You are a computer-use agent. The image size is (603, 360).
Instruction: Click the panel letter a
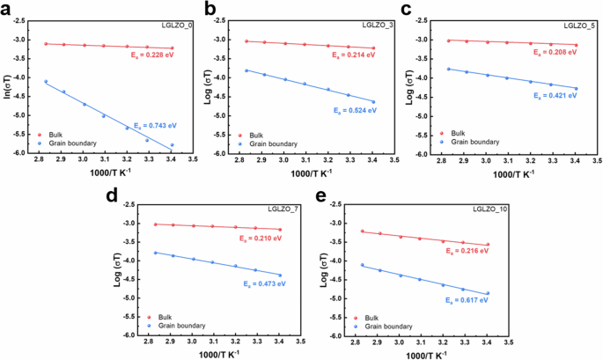pos(8,10)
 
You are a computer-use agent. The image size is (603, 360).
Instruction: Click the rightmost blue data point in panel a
pos(172,145)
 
